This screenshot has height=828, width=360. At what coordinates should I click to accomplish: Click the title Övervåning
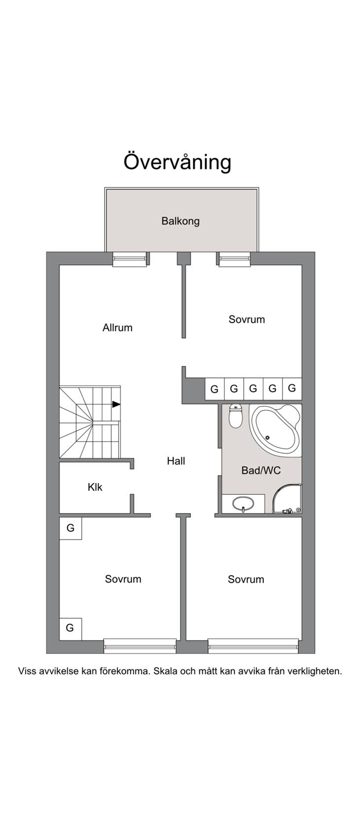coord(177,162)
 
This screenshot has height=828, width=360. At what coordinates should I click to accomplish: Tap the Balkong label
coord(180,221)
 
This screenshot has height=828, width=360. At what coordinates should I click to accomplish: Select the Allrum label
coord(117,327)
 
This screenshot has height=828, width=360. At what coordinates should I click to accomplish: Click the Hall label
coord(176,461)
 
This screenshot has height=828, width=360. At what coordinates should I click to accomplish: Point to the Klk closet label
coord(95,487)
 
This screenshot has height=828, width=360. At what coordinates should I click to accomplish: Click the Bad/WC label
coord(261,471)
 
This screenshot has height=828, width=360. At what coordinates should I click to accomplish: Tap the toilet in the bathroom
coord(235,415)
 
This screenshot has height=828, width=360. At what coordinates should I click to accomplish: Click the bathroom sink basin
coord(243,504)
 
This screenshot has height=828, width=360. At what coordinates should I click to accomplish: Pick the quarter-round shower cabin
coord(287,498)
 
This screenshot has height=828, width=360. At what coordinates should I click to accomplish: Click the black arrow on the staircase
coord(116,404)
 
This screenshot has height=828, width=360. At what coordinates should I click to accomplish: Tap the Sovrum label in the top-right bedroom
coord(247,319)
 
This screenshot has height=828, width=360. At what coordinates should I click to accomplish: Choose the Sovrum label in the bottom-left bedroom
coord(123,579)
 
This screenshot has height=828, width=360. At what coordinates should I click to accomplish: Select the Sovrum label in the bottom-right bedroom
coord(246,579)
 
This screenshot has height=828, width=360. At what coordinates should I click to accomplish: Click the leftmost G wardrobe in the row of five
coord(215,389)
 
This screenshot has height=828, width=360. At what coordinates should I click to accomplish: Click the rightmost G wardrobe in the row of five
coord(292,388)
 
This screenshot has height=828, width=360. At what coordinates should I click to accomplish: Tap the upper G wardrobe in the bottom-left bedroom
coord(71,528)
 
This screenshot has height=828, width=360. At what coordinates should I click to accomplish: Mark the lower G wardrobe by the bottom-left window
coord(71,628)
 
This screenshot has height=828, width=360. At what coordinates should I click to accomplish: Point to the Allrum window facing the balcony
coord(130,259)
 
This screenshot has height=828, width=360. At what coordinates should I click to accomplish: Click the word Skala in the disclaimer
coord(165,671)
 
